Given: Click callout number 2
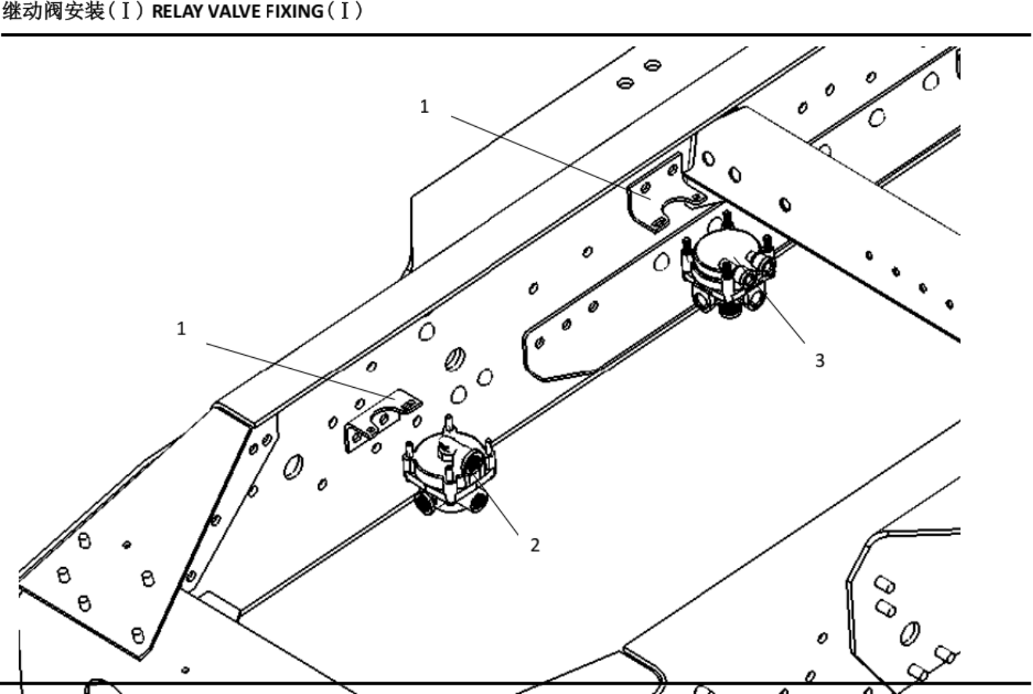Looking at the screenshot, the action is click(x=535, y=545).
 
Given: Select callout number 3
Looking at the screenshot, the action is click(x=819, y=360).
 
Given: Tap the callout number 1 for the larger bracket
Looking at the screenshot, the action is click(x=424, y=107).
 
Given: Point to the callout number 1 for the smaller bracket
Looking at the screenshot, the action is click(x=182, y=328).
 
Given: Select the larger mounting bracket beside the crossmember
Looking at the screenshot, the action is click(x=668, y=193).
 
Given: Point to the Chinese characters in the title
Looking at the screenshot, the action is click(x=53, y=12).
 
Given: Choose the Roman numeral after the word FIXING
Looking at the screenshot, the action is click(x=344, y=12).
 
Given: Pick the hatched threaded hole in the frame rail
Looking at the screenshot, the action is click(x=455, y=359).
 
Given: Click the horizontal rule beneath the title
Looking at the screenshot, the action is click(x=516, y=34).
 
